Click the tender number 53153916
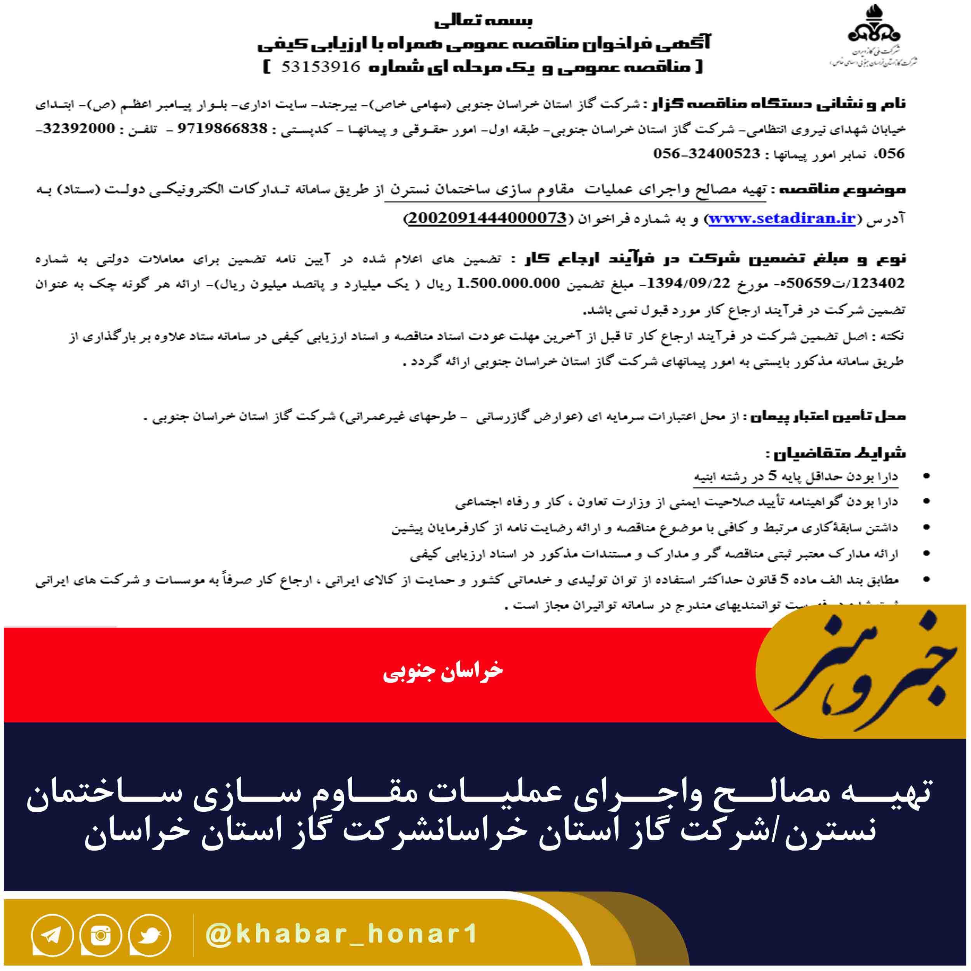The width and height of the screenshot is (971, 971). [321, 67]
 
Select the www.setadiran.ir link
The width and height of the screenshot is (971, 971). [781, 219]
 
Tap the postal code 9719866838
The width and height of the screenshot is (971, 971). [222, 129]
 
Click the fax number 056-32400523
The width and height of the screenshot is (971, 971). [706, 154]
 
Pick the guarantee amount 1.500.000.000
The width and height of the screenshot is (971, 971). [508, 284]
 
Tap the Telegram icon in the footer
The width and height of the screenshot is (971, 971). [52, 935]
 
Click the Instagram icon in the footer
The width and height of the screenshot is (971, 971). [101, 935]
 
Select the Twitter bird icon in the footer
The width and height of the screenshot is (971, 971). [149, 935]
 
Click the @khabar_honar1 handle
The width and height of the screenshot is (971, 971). [342, 934]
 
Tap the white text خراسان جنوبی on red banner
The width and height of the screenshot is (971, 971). [443, 672]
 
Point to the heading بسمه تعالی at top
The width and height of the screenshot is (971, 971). [483, 21]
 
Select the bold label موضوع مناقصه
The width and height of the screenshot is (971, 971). [838, 190]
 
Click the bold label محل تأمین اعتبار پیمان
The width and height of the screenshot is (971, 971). [827, 417]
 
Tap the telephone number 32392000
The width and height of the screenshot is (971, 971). [79, 129]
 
